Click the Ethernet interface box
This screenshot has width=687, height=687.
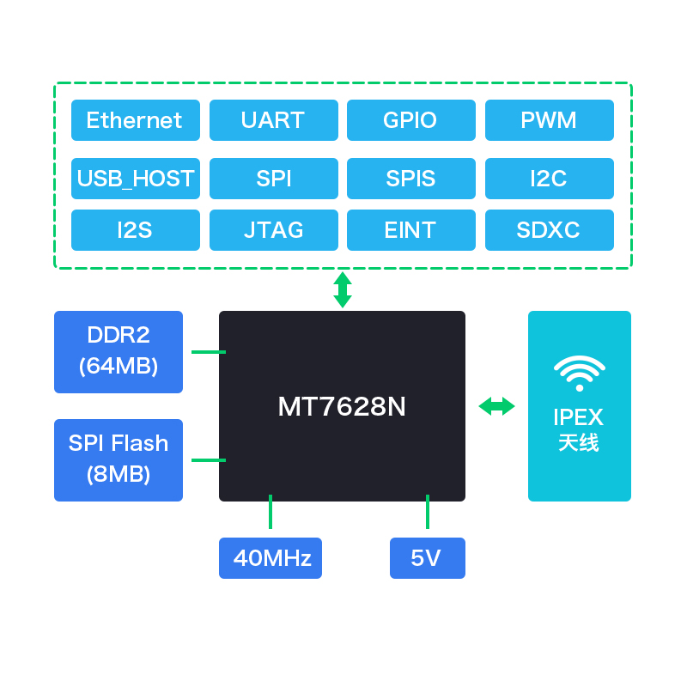click(136, 120)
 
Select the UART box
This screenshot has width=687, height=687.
click(274, 120)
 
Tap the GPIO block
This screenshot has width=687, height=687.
click(411, 120)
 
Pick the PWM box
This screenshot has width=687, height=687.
click(550, 120)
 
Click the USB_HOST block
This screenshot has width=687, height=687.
click(136, 179)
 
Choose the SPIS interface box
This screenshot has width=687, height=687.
click(411, 179)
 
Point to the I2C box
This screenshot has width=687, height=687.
click(550, 179)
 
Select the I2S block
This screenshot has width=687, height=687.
click(136, 230)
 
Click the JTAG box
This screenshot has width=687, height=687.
click(274, 230)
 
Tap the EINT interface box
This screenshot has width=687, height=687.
click(411, 230)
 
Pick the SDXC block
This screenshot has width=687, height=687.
click(550, 230)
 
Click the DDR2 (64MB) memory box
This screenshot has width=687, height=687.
click(119, 352)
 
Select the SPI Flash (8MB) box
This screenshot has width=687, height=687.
click(119, 460)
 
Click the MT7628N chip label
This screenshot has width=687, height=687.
click(342, 406)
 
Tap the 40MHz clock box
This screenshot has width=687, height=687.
click(271, 557)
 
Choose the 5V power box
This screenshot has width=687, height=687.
click(428, 557)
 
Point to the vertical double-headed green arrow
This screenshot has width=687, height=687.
click(343, 289)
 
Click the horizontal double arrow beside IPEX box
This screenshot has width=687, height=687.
click(496, 406)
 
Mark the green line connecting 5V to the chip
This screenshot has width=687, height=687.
click(428, 512)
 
